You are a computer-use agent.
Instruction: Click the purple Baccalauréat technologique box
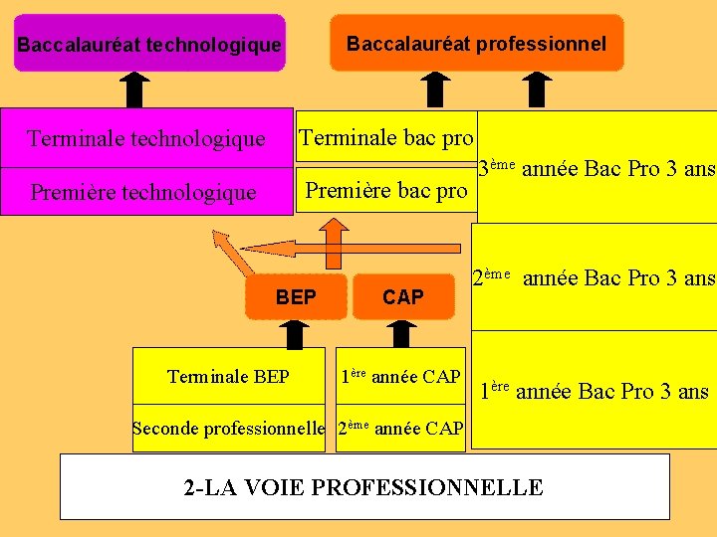point(149,44)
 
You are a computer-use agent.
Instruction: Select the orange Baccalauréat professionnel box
point(476,43)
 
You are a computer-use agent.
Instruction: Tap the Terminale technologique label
point(146,138)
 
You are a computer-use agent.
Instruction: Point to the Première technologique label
point(143,192)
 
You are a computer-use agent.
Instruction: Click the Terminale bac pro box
point(386,137)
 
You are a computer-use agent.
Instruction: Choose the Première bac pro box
point(386,190)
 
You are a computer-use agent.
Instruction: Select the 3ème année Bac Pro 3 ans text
point(597,168)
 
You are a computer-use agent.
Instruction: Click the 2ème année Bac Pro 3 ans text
point(594,277)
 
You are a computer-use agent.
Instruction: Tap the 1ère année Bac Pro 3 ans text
point(595,390)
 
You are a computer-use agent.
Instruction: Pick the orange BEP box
point(296,296)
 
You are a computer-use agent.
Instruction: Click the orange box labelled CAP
point(402,296)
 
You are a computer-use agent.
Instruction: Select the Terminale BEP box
point(228,376)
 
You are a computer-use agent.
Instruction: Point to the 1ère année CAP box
point(400,376)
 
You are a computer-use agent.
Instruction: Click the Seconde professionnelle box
point(229,429)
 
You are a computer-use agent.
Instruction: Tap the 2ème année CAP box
point(400,429)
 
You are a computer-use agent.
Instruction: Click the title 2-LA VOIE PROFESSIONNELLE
point(363,487)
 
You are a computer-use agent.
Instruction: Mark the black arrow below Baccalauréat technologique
point(136,90)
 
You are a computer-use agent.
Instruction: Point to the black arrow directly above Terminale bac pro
point(435,89)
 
